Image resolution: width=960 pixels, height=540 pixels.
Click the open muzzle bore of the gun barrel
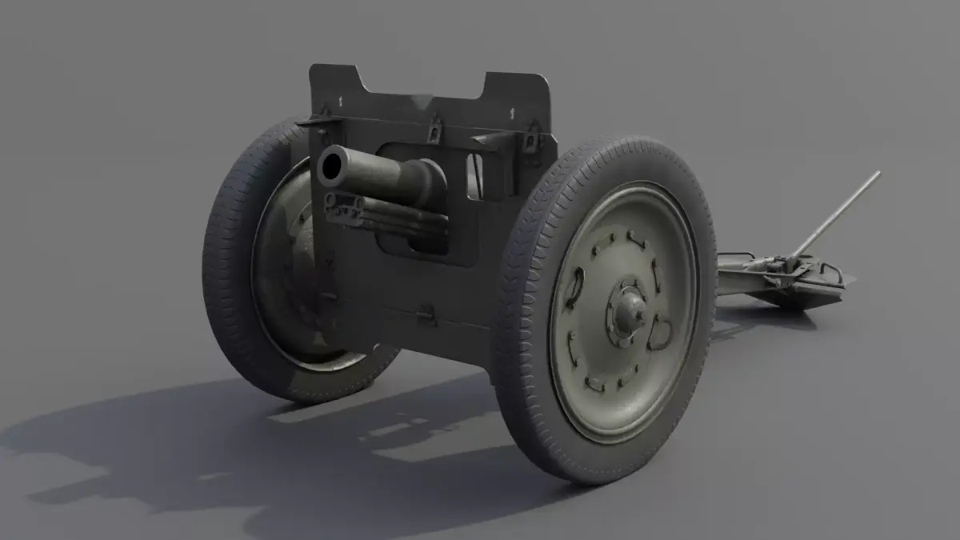pyautogui.click(x=330, y=166)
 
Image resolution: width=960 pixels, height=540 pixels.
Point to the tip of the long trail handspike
pyautogui.click(x=877, y=174)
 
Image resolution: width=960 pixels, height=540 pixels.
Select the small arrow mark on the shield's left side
pyautogui.click(x=342, y=99)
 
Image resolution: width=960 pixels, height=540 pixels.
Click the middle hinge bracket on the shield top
pyautogui.click(x=434, y=127)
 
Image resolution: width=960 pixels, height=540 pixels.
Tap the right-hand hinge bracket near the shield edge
pyautogui.click(x=529, y=141)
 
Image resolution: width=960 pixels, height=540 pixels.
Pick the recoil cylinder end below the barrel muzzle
pyautogui.click(x=336, y=210)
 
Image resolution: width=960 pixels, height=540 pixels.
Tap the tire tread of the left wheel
pyautogui.click(x=224, y=264)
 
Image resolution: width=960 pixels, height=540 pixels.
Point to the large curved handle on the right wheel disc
pyautogui.click(x=658, y=331)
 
